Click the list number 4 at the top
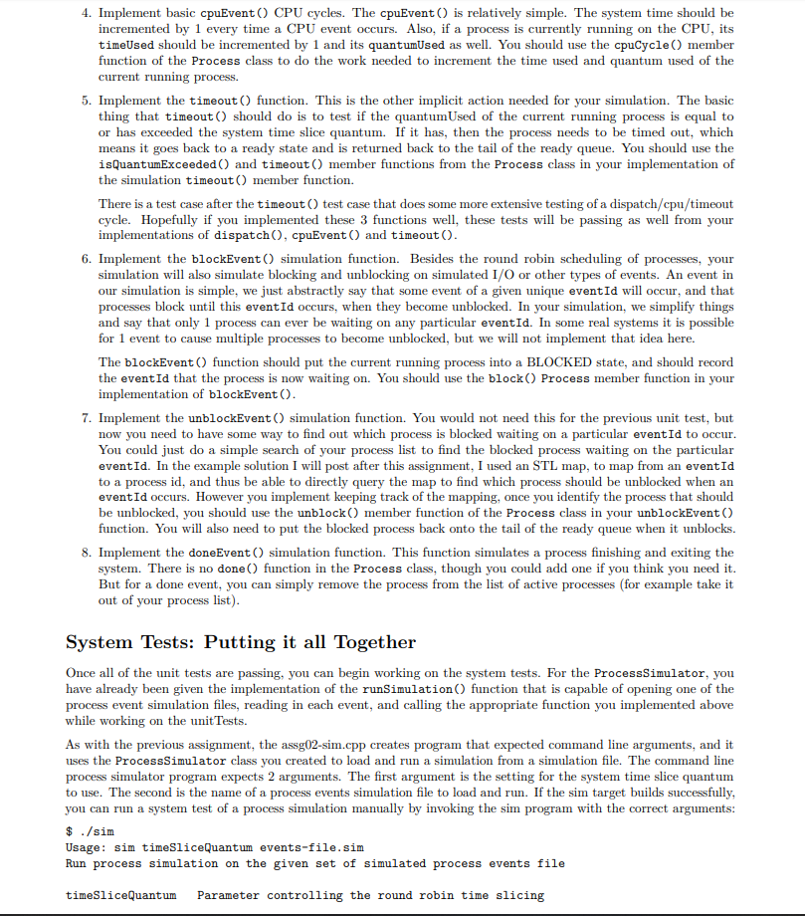pos(87,13)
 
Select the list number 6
pos(87,258)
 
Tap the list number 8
pos(87,552)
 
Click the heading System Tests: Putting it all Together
pos(240,642)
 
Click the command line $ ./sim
pos(90,831)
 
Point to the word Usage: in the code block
pos(87,847)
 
